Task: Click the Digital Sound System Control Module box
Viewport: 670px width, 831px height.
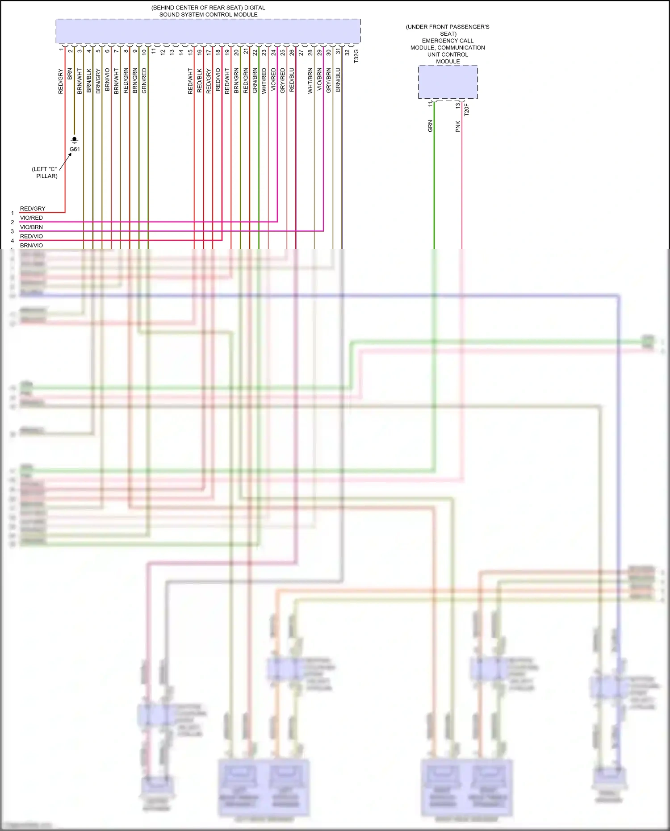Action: click(x=208, y=31)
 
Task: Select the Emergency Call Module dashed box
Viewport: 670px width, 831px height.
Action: click(x=448, y=82)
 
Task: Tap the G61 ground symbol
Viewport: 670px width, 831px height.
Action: click(x=75, y=140)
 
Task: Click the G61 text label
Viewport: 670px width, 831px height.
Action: click(x=75, y=149)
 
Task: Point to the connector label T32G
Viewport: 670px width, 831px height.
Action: click(x=356, y=56)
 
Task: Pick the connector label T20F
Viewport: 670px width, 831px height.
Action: click(x=467, y=110)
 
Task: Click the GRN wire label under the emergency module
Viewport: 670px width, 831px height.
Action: click(x=430, y=126)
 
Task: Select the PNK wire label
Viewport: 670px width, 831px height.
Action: click(x=458, y=126)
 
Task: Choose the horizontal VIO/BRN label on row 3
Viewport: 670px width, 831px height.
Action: click(x=31, y=227)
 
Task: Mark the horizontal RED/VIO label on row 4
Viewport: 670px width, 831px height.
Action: click(x=31, y=236)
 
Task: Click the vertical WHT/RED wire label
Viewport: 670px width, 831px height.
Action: click(x=264, y=81)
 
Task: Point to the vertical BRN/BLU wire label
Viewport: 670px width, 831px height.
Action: click(x=338, y=80)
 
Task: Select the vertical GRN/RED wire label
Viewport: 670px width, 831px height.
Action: click(x=144, y=81)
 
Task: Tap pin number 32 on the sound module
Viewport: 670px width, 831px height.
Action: click(x=347, y=52)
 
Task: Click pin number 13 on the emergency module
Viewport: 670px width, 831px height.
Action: click(x=458, y=105)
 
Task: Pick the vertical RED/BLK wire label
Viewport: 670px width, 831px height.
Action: click(x=199, y=81)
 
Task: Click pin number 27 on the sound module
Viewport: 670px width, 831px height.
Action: click(x=301, y=52)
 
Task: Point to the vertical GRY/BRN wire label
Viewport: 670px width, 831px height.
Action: click(x=329, y=81)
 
